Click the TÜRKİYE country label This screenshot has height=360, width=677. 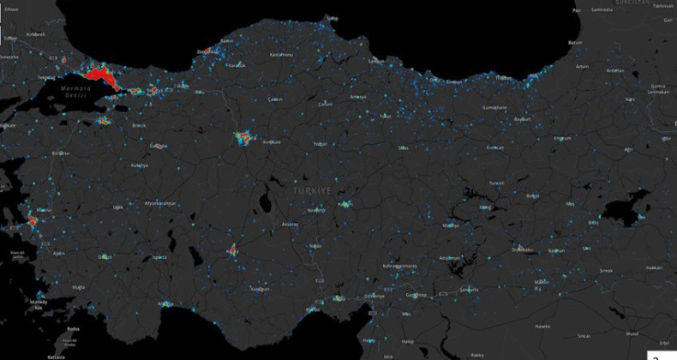point(312,190)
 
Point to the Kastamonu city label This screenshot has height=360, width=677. point(282,55)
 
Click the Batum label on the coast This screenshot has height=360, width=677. point(575,41)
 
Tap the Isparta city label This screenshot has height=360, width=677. point(159,257)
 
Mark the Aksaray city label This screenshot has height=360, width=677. point(290,224)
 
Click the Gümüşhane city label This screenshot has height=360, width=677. point(495,107)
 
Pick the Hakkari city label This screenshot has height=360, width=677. point(654,267)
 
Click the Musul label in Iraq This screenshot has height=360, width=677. point(632,333)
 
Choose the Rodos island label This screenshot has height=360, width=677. point(74,328)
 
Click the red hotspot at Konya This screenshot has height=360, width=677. point(231,251)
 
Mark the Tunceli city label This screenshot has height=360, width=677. point(496,183)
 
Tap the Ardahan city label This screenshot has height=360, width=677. point(614,71)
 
